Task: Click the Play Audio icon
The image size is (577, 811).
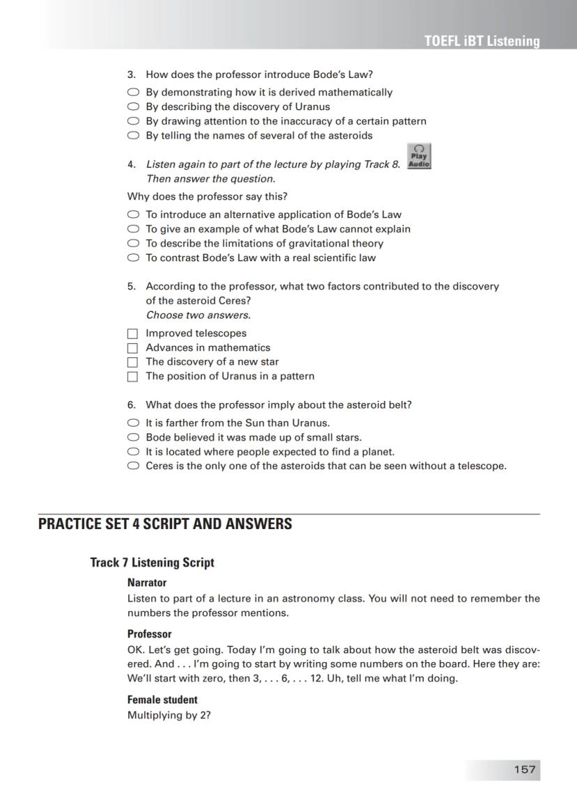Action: (x=419, y=157)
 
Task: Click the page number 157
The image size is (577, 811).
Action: (x=525, y=769)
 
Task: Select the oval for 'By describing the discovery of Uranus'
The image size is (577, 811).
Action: (x=133, y=107)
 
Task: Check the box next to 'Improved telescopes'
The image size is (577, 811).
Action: (x=133, y=333)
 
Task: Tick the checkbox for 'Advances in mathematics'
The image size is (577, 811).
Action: (x=133, y=348)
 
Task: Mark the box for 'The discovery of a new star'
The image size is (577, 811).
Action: (x=133, y=362)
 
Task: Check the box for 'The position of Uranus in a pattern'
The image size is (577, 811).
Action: (x=133, y=377)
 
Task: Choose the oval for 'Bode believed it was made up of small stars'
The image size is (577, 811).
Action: (x=133, y=438)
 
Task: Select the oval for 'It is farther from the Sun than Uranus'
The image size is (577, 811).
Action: (x=133, y=423)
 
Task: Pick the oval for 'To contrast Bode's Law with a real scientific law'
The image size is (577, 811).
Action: (x=133, y=258)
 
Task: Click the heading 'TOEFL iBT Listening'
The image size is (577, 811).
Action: (x=482, y=41)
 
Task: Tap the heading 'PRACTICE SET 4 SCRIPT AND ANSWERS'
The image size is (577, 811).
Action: (x=165, y=524)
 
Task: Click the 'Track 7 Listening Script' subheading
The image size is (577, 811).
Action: (x=152, y=562)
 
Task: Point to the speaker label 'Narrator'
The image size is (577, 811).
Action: (x=146, y=583)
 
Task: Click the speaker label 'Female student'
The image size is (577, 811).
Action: (x=162, y=700)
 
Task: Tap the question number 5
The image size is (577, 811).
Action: (x=131, y=286)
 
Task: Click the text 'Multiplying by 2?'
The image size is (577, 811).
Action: (x=169, y=715)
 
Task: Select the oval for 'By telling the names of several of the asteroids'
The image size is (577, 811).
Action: (x=133, y=136)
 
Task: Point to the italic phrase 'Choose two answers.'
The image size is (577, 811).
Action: (x=198, y=315)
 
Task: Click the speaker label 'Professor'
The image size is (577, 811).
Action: (x=149, y=634)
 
